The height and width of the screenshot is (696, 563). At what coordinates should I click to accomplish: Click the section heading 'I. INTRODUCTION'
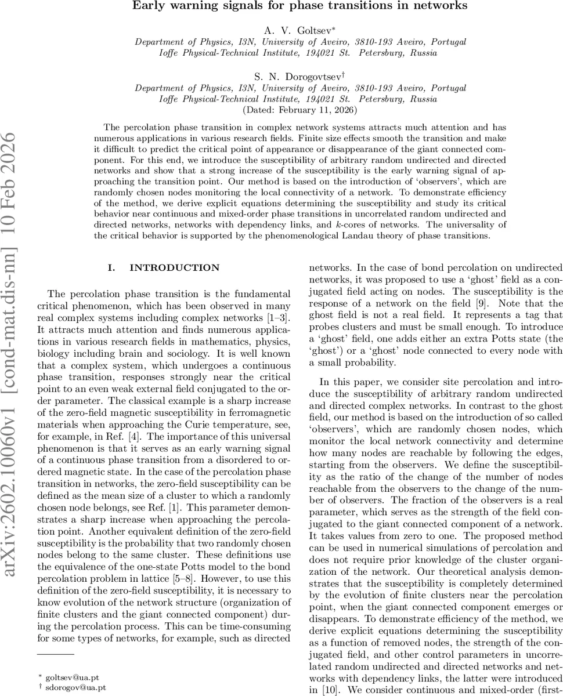pyautogui.click(x=164, y=268)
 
